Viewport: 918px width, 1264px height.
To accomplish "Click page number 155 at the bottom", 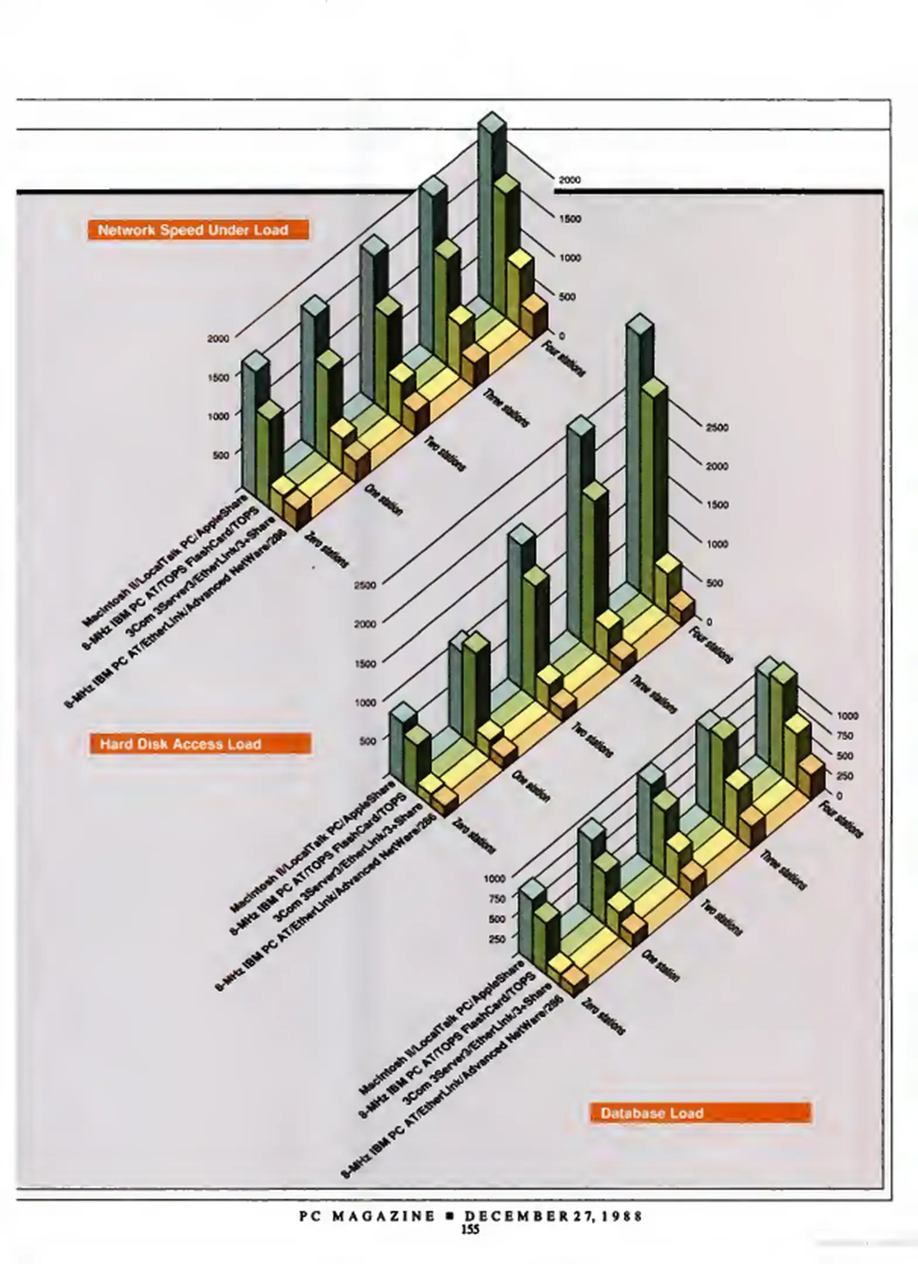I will tap(470, 1229).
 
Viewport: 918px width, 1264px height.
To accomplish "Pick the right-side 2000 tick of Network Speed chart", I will tap(569, 180).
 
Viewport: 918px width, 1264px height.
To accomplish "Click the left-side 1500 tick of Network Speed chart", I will tap(218, 377).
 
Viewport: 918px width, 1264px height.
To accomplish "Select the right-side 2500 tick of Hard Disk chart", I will tap(717, 428).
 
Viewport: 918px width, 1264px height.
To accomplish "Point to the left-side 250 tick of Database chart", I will tap(496, 939).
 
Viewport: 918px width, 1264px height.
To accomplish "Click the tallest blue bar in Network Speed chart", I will tap(491, 217).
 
